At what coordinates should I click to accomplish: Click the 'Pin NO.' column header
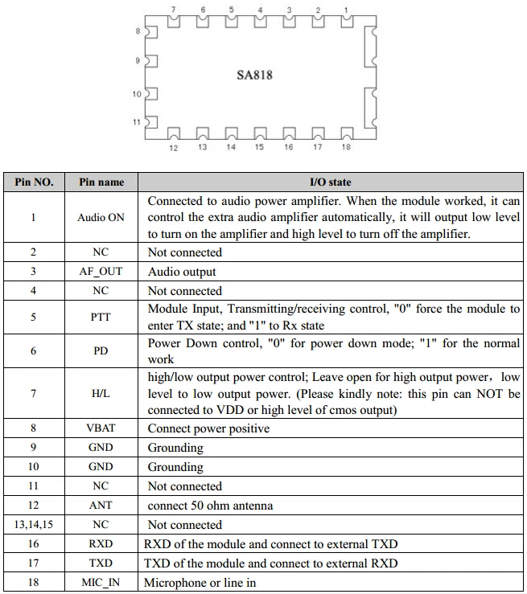coord(34,182)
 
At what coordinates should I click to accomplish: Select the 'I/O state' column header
coord(331,182)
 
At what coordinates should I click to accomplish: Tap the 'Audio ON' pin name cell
coord(101,217)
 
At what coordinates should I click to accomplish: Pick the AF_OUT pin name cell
coord(101,272)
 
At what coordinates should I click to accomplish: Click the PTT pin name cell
coord(101,317)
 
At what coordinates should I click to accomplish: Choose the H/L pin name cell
coord(101,394)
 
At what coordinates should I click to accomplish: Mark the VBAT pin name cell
coord(101,428)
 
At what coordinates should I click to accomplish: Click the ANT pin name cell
coord(101,506)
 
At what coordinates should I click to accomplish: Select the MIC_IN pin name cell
coord(101,583)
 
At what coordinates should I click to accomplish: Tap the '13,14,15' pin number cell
coord(34,525)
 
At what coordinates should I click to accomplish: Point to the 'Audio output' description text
coord(183,272)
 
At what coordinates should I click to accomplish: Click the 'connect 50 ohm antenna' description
coord(210,506)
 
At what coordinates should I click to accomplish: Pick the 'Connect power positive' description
coord(208,428)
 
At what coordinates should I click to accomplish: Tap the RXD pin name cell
coord(101,544)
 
